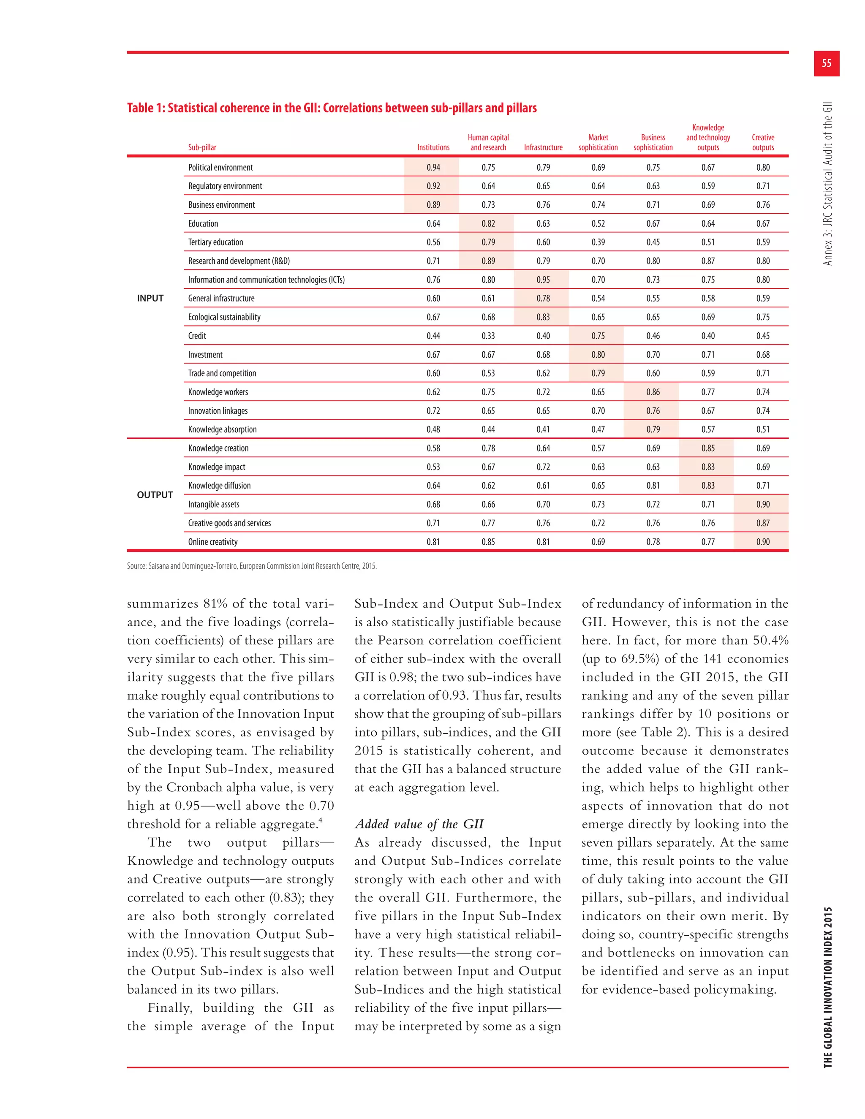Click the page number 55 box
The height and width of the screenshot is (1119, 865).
coord(826,63)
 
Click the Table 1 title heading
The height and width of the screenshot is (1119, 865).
coord(332,108)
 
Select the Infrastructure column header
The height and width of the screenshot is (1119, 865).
coord(543,147)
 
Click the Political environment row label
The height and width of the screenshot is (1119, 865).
coord(220,168)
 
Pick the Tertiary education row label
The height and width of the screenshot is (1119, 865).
coord(215,242)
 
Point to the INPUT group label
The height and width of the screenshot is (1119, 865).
coord(150,298)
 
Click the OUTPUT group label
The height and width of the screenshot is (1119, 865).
coord(155,495)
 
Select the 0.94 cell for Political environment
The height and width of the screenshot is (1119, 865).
coord(433,168)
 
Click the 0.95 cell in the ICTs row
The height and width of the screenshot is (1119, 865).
coord(543,280)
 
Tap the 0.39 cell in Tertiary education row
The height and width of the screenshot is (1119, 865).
coord(598,242)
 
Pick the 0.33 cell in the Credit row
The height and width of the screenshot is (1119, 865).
coord(488,336)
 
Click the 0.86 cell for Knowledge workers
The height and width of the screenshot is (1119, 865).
coord(653,392)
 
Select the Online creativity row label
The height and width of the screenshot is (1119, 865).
coord(213,542)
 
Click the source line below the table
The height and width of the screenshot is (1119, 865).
coord(252,566)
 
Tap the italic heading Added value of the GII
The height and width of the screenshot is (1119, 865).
coord(419,824)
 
